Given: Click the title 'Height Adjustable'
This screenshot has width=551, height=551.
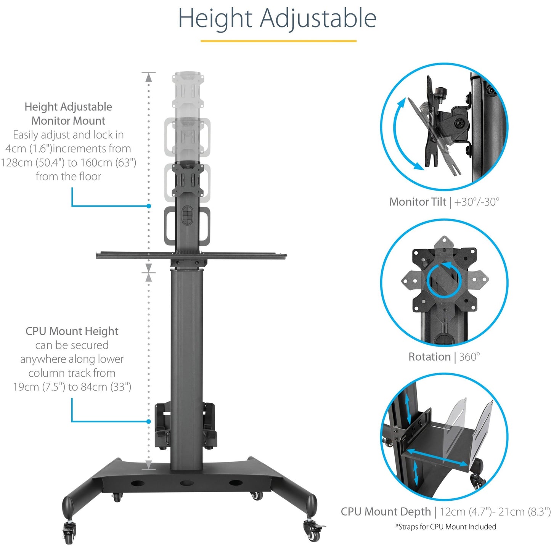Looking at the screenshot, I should click(277, 18).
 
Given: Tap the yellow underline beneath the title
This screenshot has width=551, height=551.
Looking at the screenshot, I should click(278, 41).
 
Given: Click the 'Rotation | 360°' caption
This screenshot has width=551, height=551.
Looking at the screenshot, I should click(444, 357).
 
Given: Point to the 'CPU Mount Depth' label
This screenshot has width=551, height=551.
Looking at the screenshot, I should click(386, 512).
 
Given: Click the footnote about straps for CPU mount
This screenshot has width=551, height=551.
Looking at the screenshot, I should click(445, 527).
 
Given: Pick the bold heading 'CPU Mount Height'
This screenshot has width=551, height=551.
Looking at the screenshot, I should click(72, 331).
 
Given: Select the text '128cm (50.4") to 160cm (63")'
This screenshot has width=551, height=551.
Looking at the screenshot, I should click(69, 162).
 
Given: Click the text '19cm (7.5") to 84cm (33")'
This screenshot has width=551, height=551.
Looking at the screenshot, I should click(72, 387).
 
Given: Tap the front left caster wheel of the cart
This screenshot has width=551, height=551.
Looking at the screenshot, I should click(69, 533).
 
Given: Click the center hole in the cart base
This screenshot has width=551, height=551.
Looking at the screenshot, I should click(186, 483).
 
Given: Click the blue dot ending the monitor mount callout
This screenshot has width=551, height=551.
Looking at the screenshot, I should click(149, 206).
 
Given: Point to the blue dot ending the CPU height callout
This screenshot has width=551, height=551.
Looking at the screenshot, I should click(149, 421).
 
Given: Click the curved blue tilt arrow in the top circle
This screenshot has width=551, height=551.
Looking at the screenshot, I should click(400, 133).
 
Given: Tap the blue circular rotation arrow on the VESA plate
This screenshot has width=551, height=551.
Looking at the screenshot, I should click(444, 280).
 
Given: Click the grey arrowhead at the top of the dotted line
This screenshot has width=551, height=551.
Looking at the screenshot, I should click(149, 77).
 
